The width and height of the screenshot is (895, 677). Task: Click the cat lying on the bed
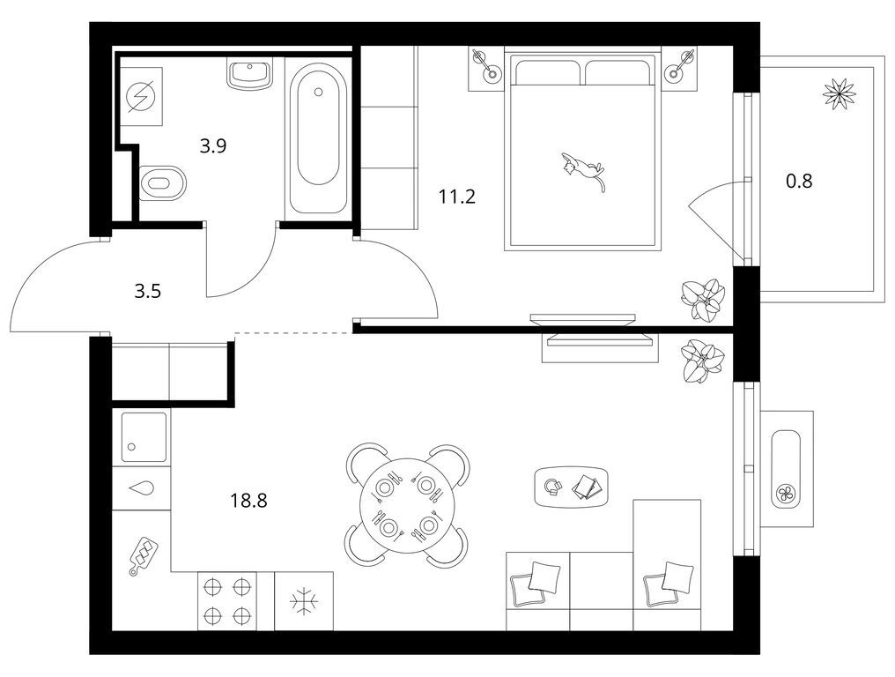(x=581, y=169)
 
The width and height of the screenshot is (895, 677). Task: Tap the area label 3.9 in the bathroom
(x=213, y=146)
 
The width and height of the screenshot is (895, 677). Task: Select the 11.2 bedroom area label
(x=456, y=197)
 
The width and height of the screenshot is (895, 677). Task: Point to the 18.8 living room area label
(x=249, y=501)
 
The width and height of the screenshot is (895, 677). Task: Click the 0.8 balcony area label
(x=799, y=181)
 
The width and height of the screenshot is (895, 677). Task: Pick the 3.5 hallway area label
(x=148, y=292)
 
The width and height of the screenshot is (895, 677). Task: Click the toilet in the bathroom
(x=163, y=182)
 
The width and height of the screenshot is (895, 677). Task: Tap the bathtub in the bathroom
(x=318, y=138)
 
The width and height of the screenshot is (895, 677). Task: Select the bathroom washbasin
(x=250, y=73)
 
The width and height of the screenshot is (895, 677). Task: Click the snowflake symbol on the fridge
(x=303, y=601)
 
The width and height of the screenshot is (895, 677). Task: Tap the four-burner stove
(x=227, y=601)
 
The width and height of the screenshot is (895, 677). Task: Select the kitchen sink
(x=145, y=437)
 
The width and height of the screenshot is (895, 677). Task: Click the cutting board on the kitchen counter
(x=144, y=554)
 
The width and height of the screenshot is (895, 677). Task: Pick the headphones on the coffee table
(x=552, y=487)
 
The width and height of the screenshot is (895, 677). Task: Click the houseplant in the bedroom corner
(x=703, y=298)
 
